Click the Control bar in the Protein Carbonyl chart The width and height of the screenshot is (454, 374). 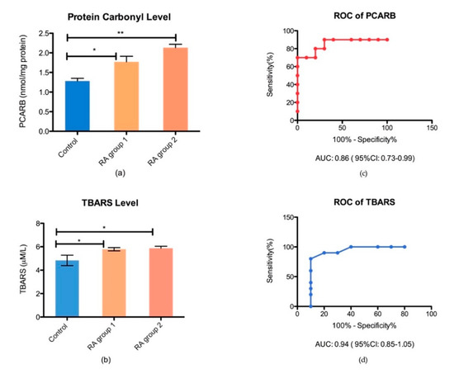pos(78,106)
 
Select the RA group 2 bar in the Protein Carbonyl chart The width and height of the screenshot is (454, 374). pos(176,89)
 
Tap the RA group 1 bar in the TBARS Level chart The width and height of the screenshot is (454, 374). pos(114,282)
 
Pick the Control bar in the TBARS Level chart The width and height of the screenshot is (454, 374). pos(67,288)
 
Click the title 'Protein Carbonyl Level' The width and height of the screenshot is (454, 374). pos(119,17)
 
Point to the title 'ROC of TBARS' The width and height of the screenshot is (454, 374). pos(364,202)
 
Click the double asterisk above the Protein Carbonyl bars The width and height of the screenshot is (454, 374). pos(121,33)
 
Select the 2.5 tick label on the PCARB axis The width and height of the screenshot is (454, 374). pos(44,34)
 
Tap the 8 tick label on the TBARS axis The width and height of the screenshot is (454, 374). pos(38,224)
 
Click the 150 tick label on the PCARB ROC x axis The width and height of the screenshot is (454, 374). pos(432,128)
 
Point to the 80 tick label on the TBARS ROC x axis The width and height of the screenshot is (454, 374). pos(404,314)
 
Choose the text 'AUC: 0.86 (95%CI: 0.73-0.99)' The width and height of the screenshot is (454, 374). pos(365,159)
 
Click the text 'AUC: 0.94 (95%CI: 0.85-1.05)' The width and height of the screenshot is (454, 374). pos(365,344)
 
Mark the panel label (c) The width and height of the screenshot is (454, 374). pos(363,173)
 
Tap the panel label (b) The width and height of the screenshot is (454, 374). pos(106,360)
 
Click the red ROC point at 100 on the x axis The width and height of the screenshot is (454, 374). pos(387,40)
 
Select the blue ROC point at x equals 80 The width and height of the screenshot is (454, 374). pos(404,247)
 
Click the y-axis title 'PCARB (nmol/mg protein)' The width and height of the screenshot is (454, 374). pos(22,82)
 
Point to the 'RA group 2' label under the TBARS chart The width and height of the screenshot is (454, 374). pos(149,336)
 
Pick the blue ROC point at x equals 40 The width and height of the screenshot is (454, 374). pos(351,247)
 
